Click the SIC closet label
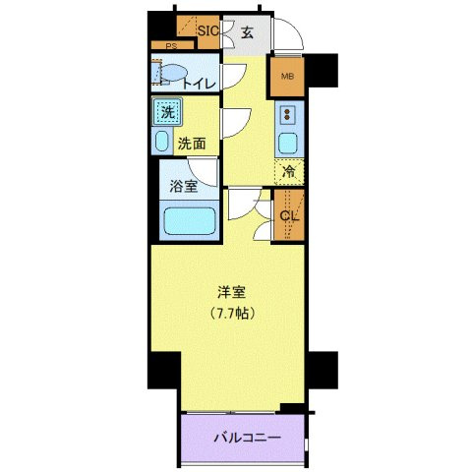[206, 31]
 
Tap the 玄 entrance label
[247, 31]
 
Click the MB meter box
[288, 78]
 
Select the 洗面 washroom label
[192, 144]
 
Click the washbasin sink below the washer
[162, 140]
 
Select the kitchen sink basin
[288, 144]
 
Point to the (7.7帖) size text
[232, 314]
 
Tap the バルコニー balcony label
[248, 437]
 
